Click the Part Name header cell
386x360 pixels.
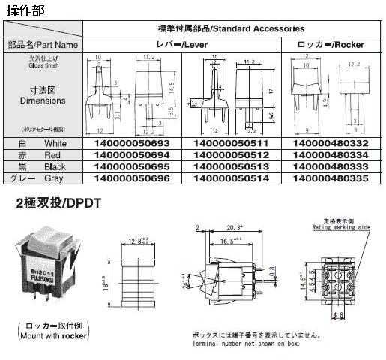(43, 45)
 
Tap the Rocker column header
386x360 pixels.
(331, 45)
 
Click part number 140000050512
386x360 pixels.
(230, 154)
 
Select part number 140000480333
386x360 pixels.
(331, 166)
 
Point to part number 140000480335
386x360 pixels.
(331, 179)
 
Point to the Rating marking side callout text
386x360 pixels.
(343, 225)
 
